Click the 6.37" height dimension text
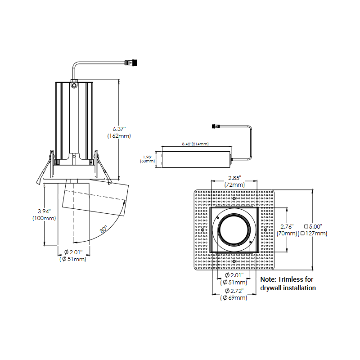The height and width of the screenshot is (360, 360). tap(119, 128)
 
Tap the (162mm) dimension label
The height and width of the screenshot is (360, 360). tap(119, 135)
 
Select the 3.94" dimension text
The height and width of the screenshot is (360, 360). tap(44, 211)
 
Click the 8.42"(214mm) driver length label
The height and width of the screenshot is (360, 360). tap(195, 144)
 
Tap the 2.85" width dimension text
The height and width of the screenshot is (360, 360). tap(234, 178)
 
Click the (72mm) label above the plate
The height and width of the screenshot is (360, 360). tap(234, 185)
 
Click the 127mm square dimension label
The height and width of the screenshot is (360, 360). tap(316, 234)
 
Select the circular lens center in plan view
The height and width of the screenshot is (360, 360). tap(234, 229)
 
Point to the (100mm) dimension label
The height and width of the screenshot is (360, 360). tap(44, 218)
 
